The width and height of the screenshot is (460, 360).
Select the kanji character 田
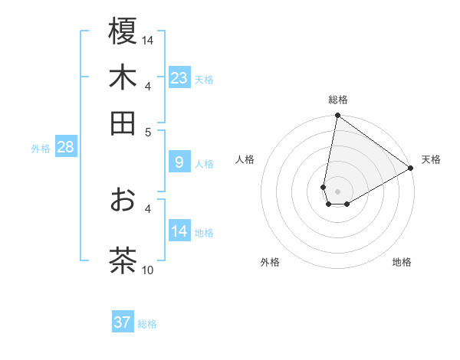coord(123,123)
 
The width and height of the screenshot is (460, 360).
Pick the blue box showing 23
coord(179,78)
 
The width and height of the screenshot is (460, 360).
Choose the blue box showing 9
coord(179,162)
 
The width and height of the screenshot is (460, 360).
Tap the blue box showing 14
coord(179,231)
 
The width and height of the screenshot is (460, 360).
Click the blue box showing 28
coord(65,147)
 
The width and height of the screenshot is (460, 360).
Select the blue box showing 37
coord(123,322)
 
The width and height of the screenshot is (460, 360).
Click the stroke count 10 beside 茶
coord(148,270)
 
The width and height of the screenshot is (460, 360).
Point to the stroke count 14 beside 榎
coord(148,40)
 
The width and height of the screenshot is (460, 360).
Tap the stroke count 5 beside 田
coord(148,131)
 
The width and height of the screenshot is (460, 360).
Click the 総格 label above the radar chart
coord(337,100)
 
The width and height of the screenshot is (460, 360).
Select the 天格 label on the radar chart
coord(431,159)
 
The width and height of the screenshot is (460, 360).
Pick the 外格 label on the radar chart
coord(270,262)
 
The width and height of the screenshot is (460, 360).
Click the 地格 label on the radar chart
coord(402,262)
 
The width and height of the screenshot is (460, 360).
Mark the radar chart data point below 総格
coord(337,116)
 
